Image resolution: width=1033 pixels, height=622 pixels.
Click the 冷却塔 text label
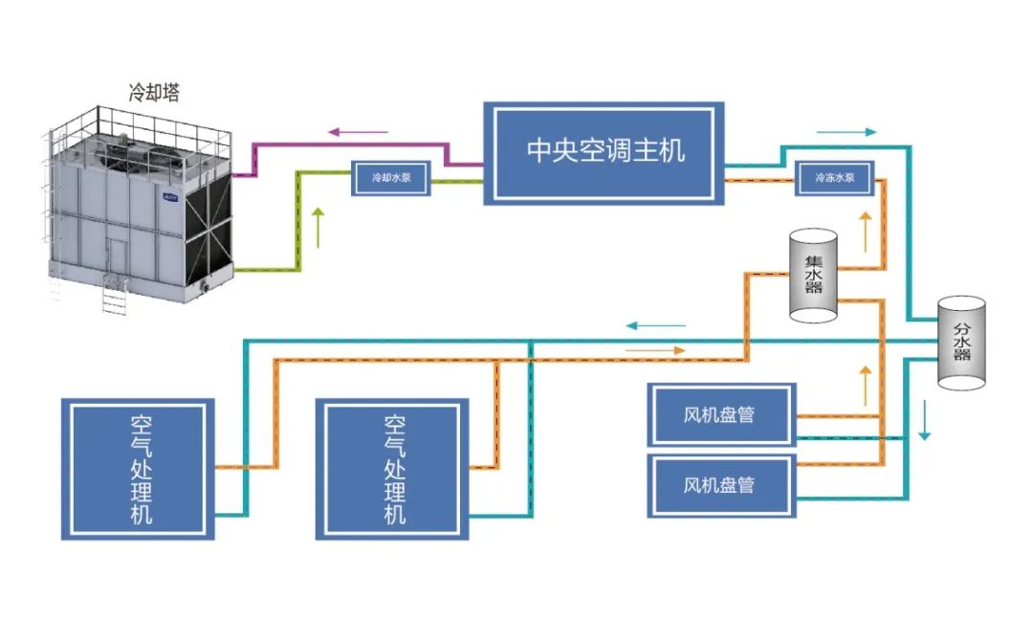154,93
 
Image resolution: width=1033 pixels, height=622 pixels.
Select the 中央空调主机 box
603,151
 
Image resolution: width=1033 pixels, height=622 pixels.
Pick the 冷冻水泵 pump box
835,177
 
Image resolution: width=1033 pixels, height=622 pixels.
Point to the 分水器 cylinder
960,342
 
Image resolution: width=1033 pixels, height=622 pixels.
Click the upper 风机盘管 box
721,415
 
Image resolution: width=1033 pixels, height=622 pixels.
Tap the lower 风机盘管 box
721,485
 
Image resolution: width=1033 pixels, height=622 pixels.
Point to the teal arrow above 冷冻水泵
846,132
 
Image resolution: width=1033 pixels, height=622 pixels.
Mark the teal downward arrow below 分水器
924,420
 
